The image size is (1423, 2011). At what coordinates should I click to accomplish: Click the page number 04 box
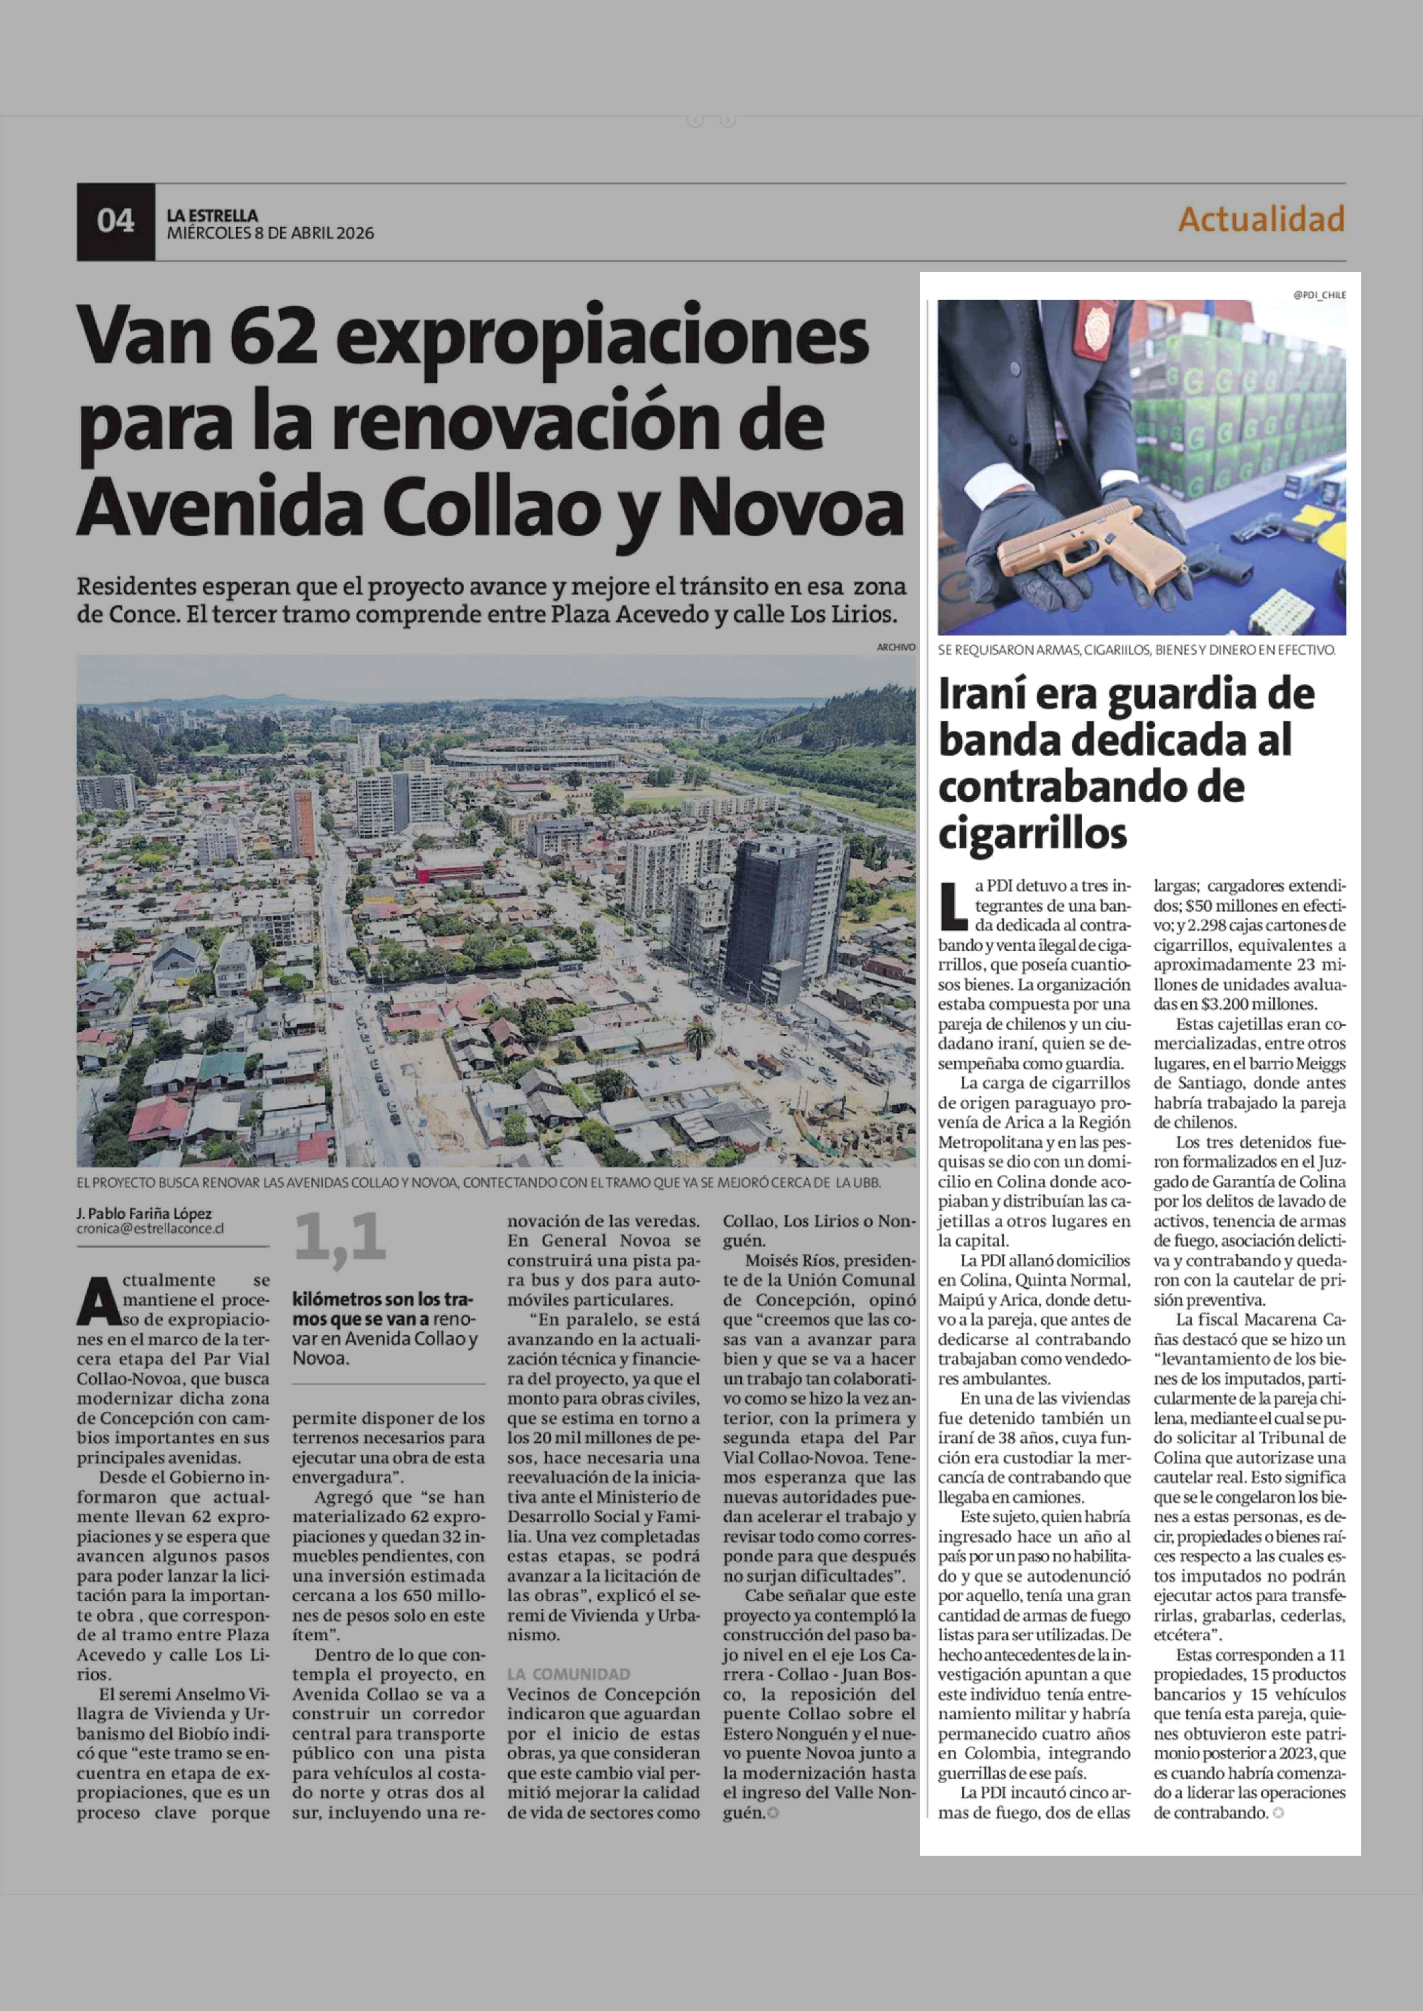[x=116, y=221]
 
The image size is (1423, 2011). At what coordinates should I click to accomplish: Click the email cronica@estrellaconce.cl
[x=150, y=1229]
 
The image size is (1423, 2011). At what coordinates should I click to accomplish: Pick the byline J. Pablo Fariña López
[x=144, y=1214]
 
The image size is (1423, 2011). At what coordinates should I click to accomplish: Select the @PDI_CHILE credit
[x=1319, y=295]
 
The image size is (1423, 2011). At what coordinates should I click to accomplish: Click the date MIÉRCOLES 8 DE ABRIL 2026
[x=270, y=233]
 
